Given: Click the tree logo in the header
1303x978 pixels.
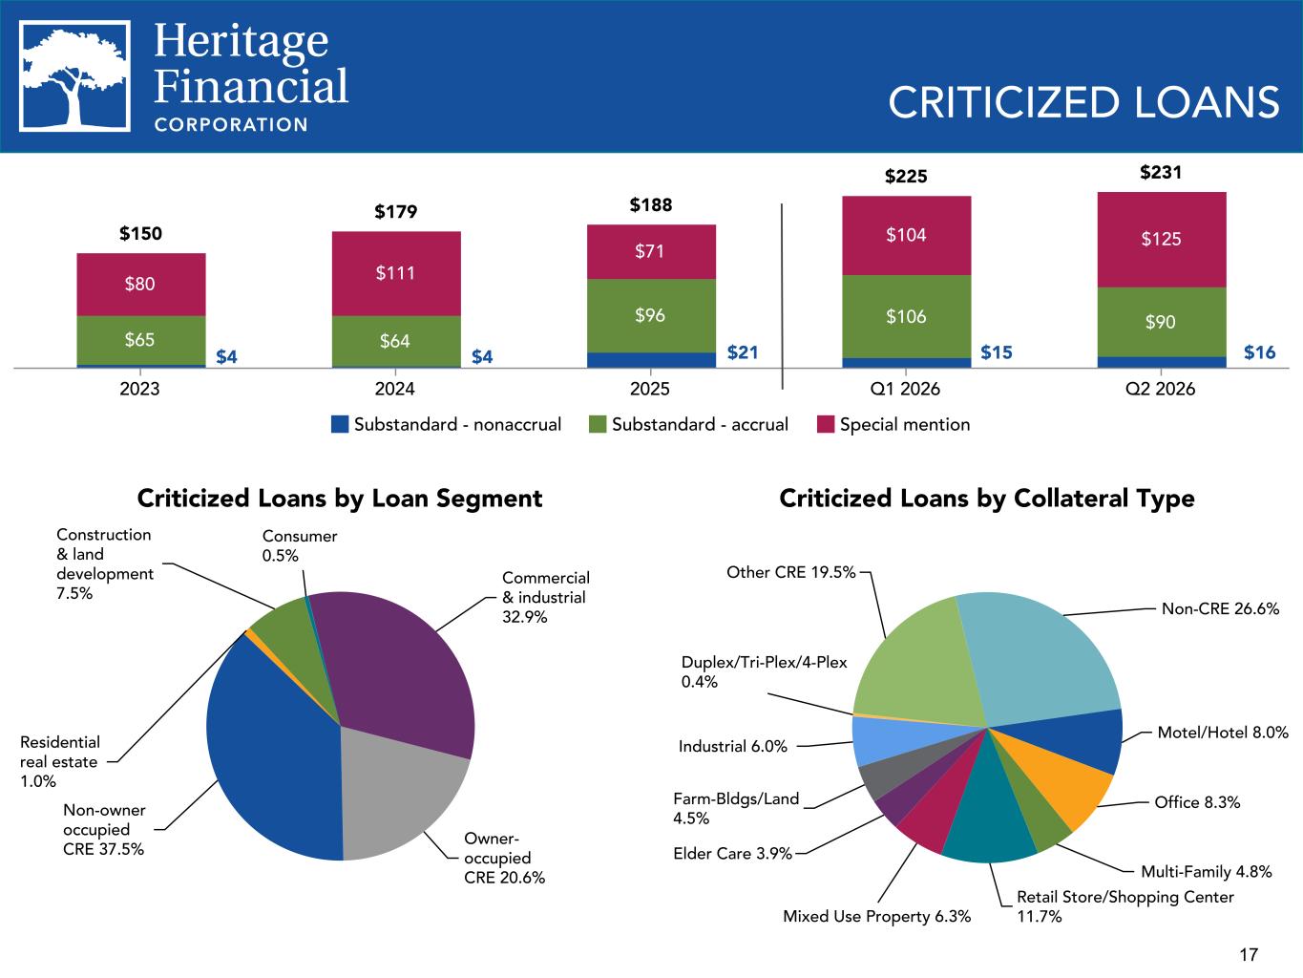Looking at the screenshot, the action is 74,76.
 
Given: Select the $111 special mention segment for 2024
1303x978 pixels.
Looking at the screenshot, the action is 396,274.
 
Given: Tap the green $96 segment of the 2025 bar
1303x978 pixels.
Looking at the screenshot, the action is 651,316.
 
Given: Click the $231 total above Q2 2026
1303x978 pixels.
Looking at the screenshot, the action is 1161,172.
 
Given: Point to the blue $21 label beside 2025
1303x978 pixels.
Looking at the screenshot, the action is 743,352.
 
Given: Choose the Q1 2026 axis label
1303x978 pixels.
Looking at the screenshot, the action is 905,389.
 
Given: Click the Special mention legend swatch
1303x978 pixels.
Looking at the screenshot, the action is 826,425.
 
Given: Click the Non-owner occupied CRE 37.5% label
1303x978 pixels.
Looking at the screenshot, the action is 104,830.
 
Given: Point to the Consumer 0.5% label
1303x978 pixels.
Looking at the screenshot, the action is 299,545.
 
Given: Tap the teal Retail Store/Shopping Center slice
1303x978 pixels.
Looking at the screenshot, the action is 988,819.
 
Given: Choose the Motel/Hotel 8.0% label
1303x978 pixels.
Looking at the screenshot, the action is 1223,733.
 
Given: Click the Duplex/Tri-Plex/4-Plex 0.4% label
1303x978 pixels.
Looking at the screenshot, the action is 764,671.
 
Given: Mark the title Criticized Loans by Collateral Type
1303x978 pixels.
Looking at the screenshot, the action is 987,499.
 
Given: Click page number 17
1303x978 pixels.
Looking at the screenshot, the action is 1249,955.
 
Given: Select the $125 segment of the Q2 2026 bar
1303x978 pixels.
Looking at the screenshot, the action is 1162,240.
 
